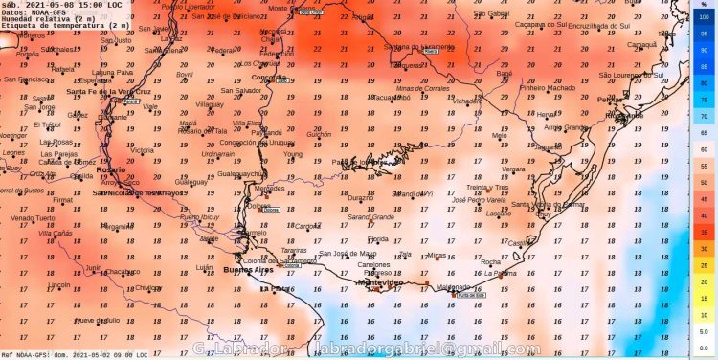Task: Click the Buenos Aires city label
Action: pos(246,270)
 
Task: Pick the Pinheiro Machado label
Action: pos(546,87)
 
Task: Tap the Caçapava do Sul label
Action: pos(542,25)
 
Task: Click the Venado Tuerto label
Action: pos(28,218)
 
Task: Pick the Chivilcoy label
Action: pos(147,287)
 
